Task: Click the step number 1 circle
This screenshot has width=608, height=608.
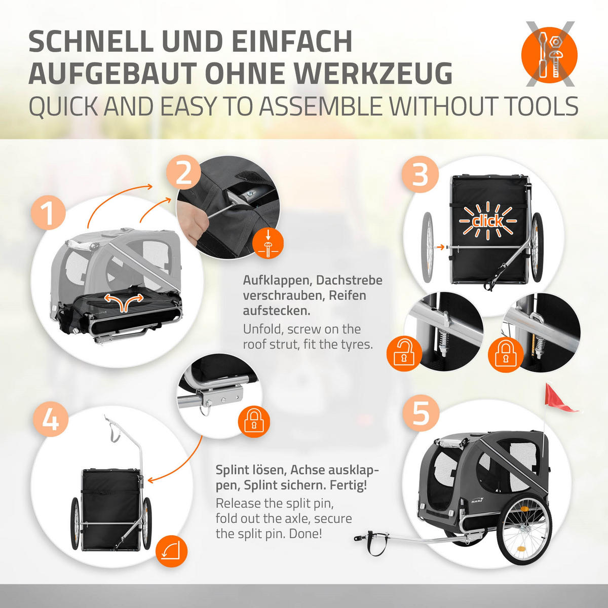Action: [48, 212]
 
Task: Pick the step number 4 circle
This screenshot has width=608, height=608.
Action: [51, 420]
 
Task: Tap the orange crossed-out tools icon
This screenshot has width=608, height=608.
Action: [549, 55]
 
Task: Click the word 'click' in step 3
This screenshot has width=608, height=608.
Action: [487, 221]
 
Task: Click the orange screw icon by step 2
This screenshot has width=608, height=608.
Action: [268, 244]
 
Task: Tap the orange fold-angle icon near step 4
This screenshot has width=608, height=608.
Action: [172, 551]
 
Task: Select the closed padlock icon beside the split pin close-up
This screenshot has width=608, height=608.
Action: [254, 422]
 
